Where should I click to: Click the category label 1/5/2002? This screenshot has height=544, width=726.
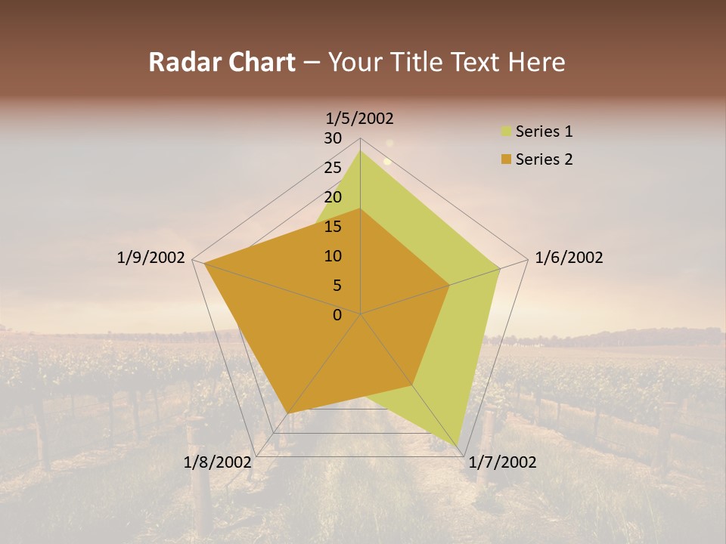360,118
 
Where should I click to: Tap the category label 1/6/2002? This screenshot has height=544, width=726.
569,258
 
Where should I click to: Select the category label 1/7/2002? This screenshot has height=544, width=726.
502,462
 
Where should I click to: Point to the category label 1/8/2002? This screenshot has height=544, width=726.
218,462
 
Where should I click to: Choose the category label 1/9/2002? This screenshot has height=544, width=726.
150,258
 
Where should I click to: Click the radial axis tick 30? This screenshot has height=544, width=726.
333,138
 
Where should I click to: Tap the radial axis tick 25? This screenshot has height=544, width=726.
333,168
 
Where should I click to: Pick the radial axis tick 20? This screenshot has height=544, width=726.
333,197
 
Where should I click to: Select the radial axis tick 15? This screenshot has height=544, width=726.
333,227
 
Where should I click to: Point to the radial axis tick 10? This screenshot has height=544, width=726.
333,256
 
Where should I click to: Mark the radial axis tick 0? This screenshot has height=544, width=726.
337,315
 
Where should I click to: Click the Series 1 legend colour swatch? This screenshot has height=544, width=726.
506,132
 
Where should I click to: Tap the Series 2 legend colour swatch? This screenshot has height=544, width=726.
506,159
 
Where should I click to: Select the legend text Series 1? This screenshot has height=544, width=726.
544,132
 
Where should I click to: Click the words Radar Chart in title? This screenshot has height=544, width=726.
222,63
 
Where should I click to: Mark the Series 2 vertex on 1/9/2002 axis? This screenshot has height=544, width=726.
204,264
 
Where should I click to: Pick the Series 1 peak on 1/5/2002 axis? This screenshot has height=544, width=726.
360,151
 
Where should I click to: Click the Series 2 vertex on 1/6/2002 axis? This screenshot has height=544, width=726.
449,286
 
